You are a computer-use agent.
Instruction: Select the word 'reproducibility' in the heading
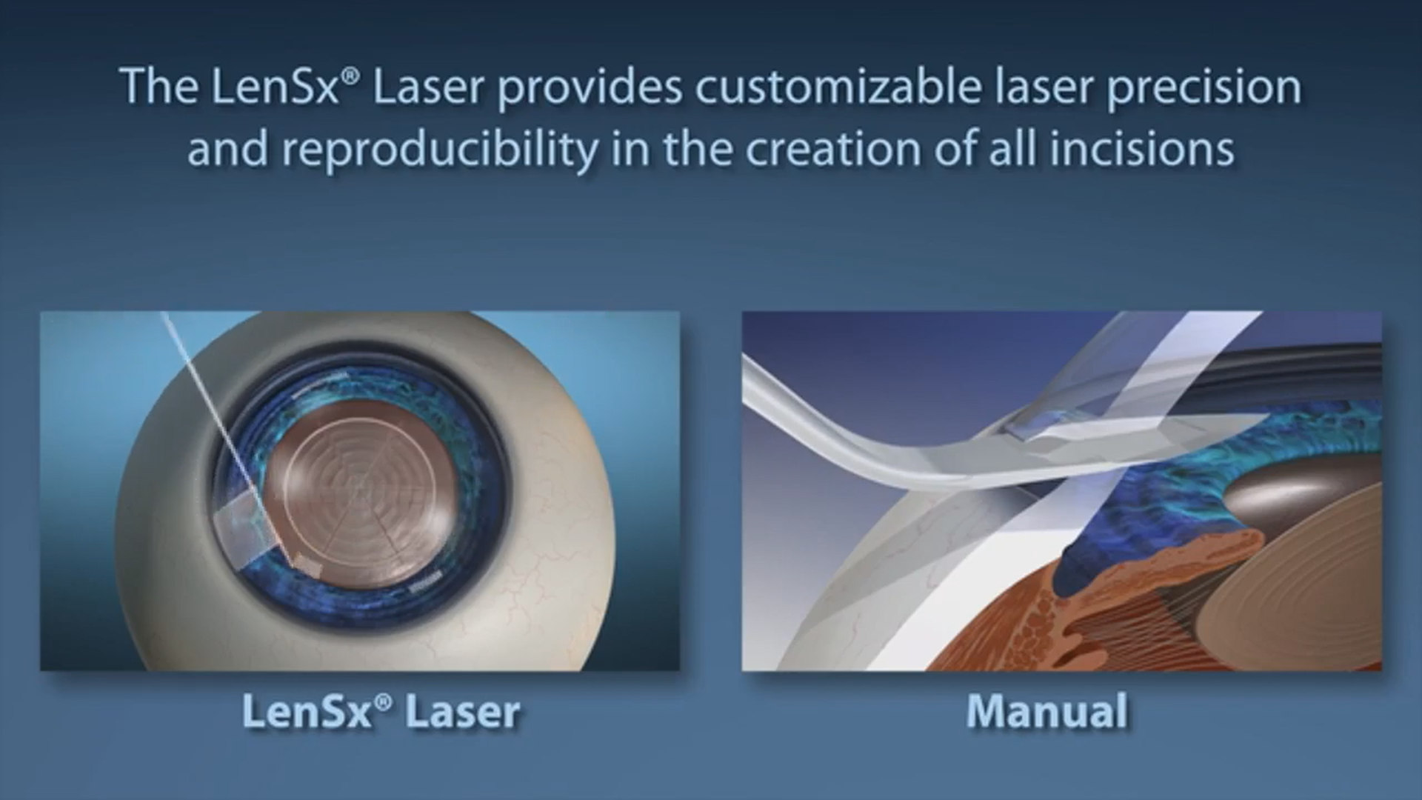coord(440,150)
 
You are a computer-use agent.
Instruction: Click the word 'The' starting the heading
coord(158,87)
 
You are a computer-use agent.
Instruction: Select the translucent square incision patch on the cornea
coord(241,527)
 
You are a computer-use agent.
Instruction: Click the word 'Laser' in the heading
coord(427,88)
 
